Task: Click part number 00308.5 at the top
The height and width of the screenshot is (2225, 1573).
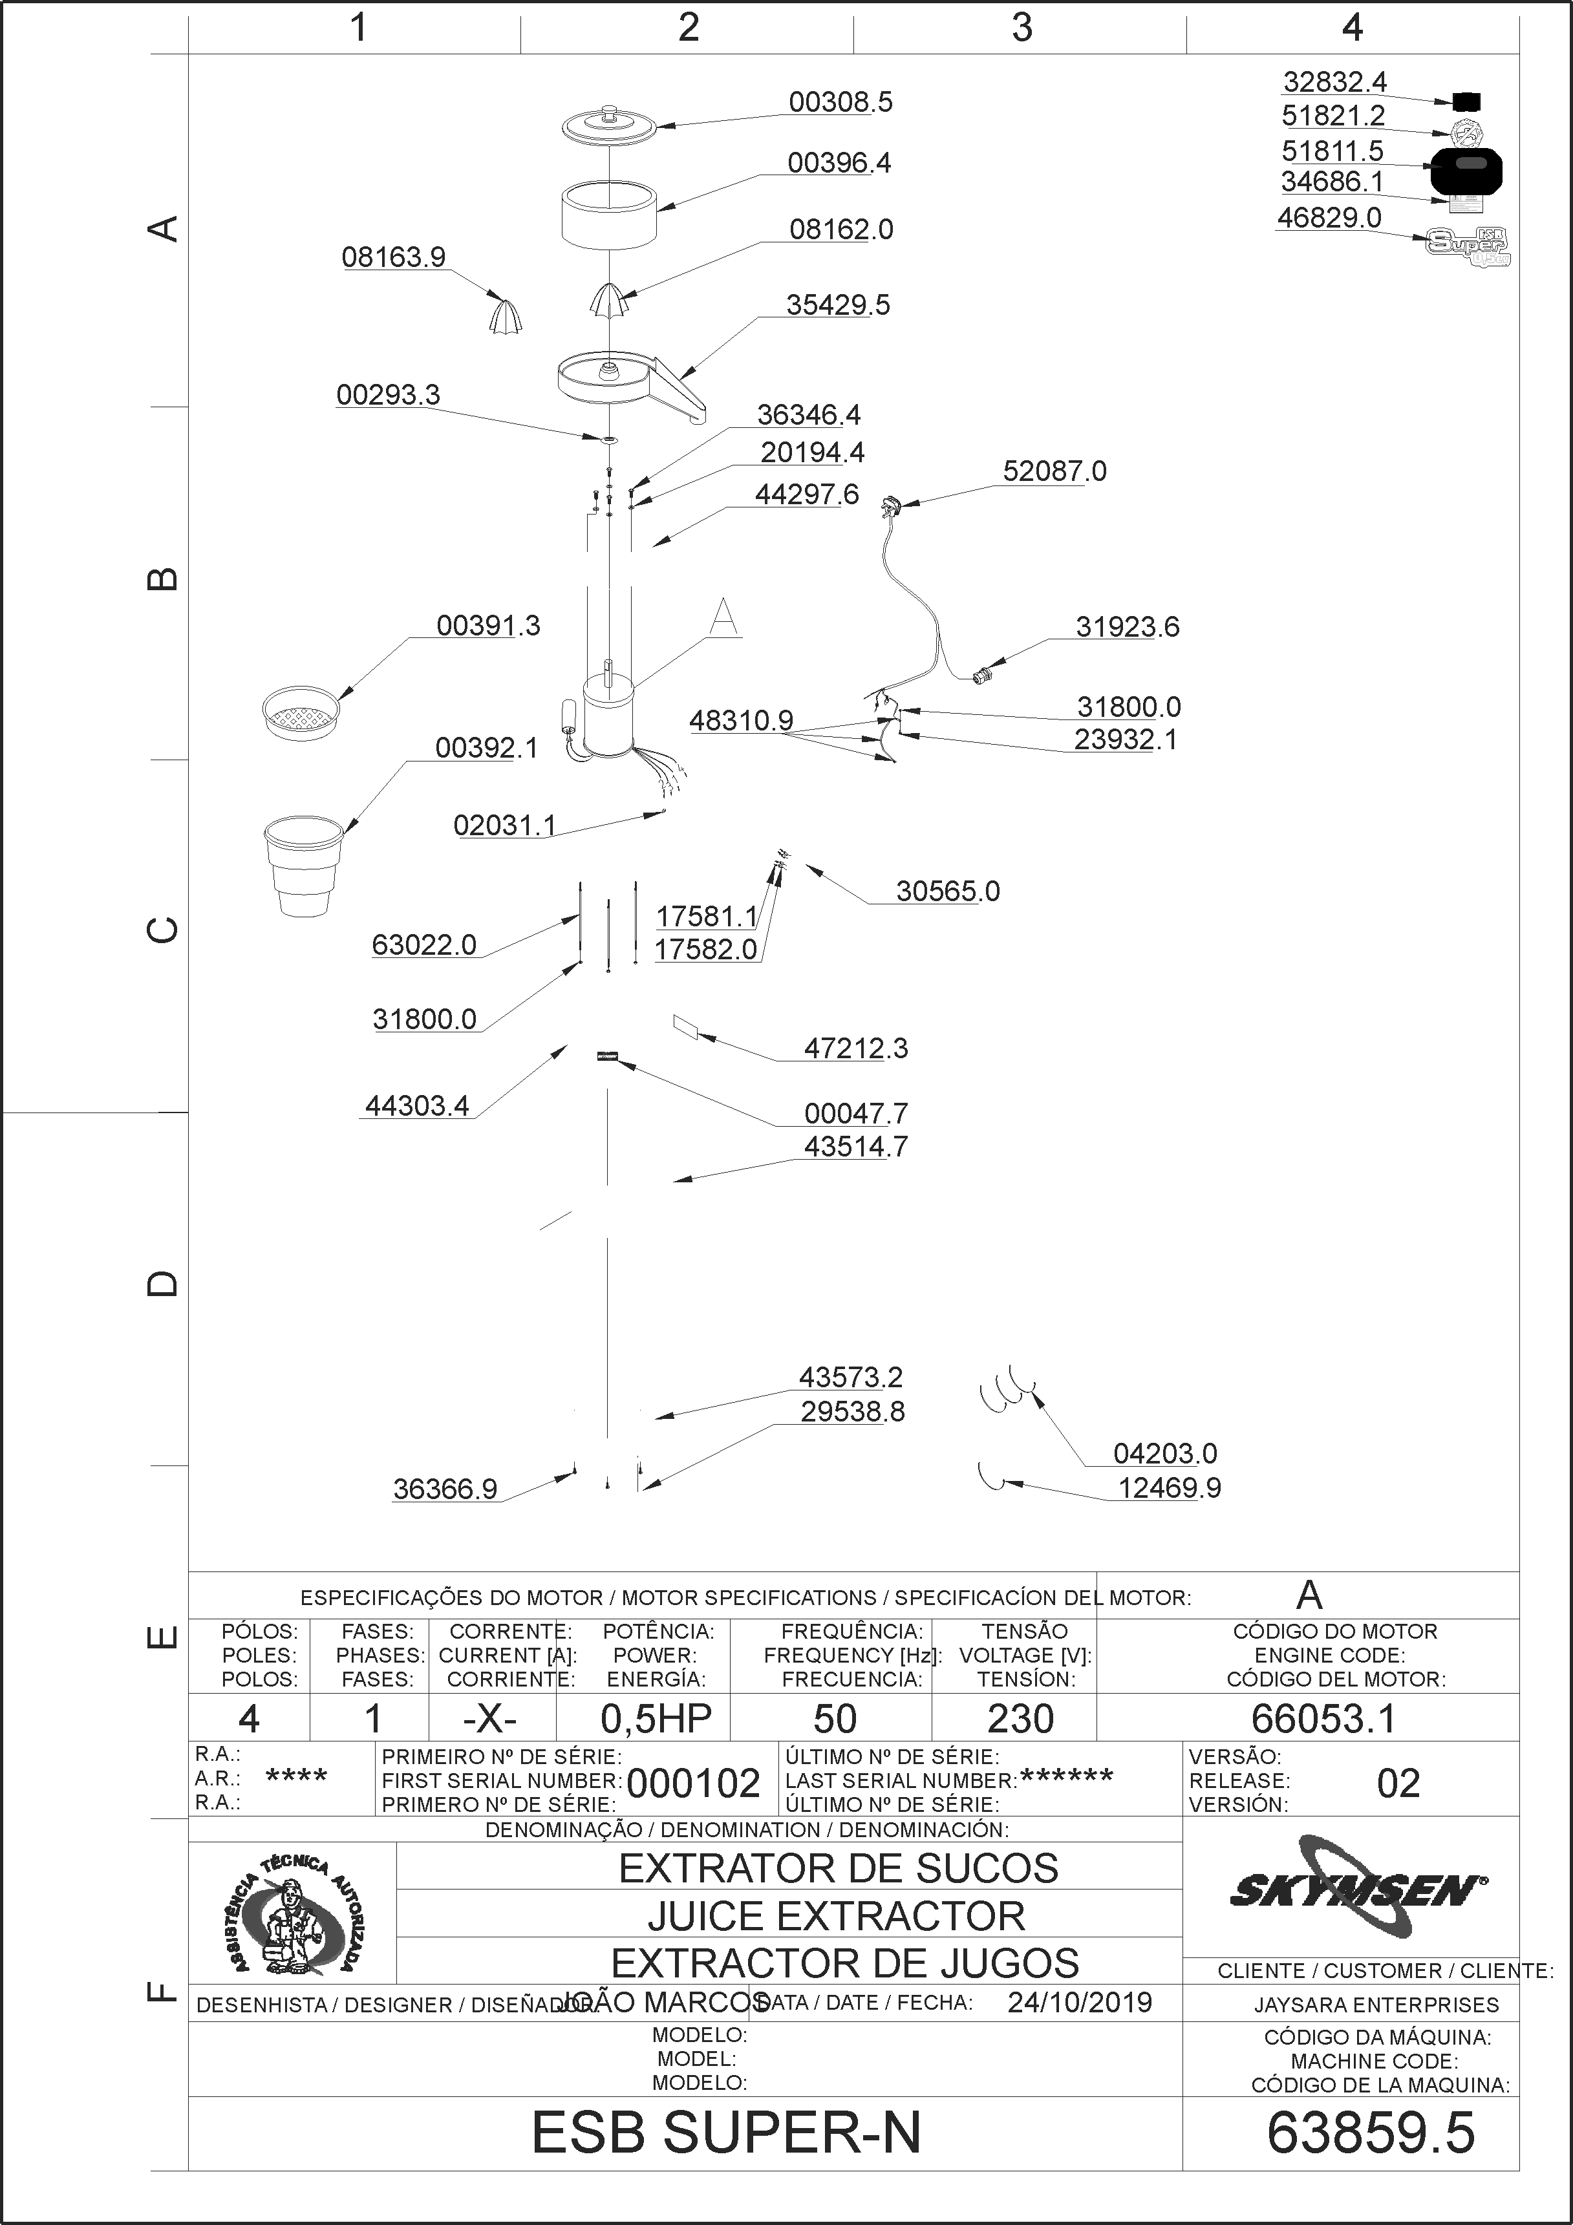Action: [840, 101]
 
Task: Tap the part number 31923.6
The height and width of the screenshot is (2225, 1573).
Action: [1127, 627]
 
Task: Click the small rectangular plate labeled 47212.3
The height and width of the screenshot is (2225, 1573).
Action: [686, 1027]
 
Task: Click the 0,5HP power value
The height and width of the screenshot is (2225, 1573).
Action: [656, 1718]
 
